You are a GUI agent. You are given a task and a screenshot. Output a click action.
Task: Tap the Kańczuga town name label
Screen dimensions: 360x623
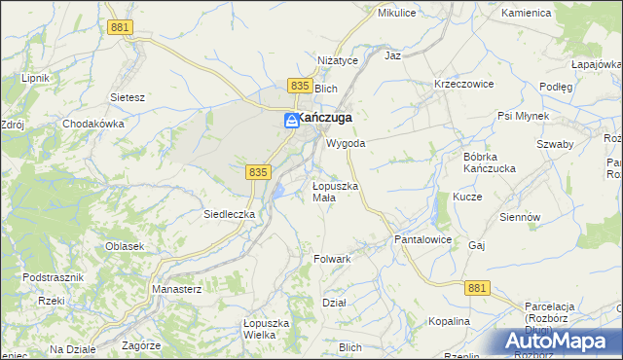pyautogui.click(x=324, y=118)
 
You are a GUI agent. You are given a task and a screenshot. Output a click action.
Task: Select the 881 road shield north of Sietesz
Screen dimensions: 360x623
pyautogui.click(x=121, y=28)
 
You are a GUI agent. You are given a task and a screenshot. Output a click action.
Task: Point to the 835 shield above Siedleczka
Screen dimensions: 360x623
pyautogui.click(x=257, y=171)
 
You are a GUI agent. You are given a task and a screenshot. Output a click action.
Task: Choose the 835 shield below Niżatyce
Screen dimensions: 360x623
pyautogui.click(x=300, y=87)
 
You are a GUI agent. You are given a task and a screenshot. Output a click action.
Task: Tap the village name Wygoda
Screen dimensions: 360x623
pyautogui.click(x=346, y=143)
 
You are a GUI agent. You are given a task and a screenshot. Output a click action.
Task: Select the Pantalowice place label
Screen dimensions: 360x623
pyautogui.click(x=421, y=238)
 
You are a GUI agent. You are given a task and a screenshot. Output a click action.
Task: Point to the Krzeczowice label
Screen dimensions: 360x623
pyautogui.click(x=464, y=84)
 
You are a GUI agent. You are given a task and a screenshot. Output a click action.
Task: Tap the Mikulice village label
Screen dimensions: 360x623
pyautogui.click(x=396, y=13)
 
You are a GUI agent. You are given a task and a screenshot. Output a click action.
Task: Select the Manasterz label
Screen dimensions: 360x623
pyautogui.click(x=176, y=289)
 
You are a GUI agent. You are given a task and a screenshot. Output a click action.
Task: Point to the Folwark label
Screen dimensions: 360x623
pyautogui.click(x=332, y=259)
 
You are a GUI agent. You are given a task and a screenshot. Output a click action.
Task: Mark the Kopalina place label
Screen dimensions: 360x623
pyautogui.click(x=449, y=321)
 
